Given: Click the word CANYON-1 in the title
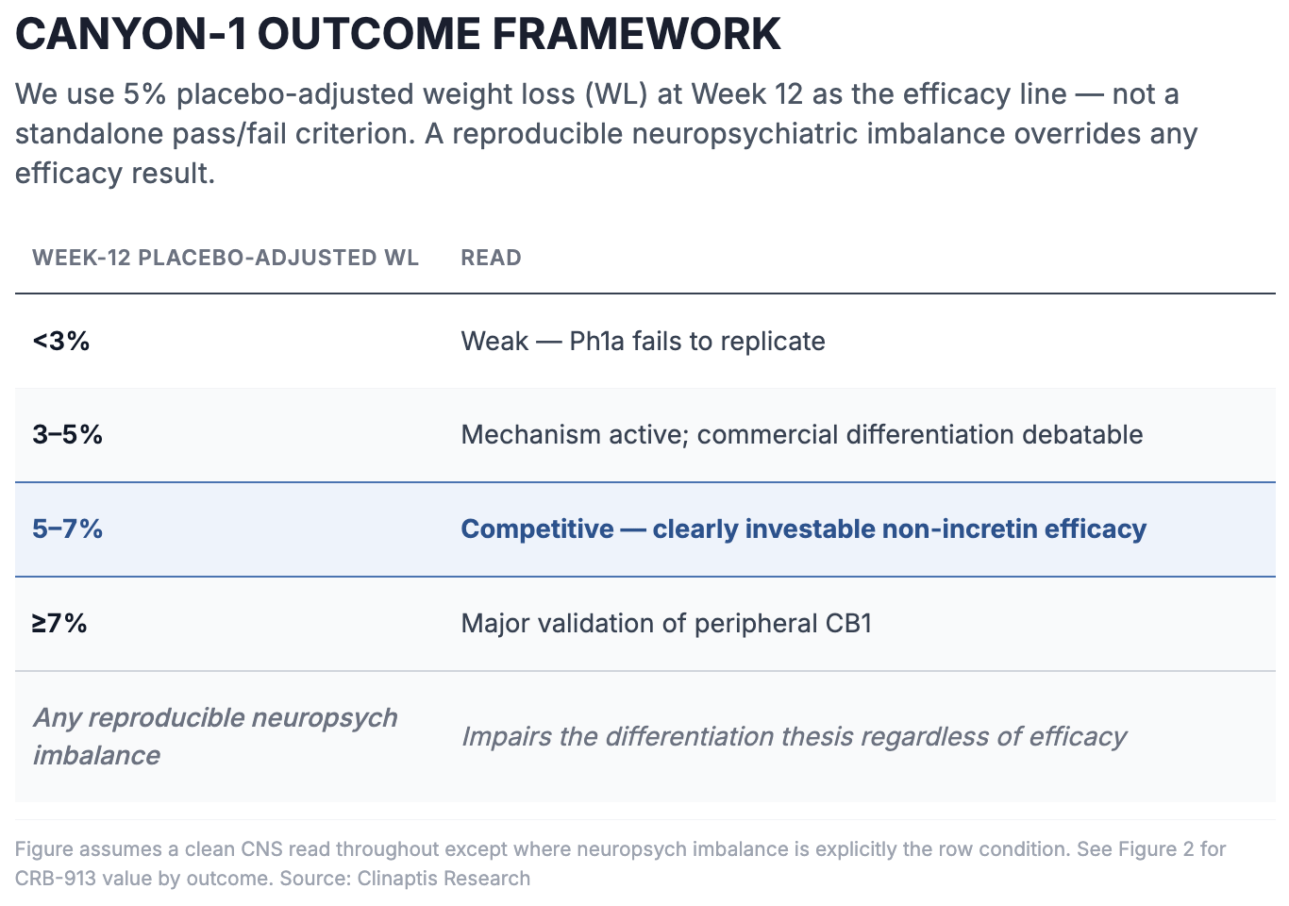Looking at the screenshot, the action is (131, 34).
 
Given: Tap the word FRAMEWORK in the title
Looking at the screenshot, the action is (636, 34).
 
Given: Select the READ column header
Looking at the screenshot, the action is (491, 258).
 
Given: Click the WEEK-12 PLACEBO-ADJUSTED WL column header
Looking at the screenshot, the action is (226, 258).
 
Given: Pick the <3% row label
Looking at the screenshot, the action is (61, 341).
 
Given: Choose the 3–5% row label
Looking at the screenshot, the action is (67, 434).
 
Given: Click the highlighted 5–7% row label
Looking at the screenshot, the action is (67, 529).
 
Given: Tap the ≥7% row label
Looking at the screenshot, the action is (59, 624).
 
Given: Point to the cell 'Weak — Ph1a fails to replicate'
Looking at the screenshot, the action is (643, 342).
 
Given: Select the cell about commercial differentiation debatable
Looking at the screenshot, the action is (801, 434).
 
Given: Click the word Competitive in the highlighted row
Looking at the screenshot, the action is (538, 529).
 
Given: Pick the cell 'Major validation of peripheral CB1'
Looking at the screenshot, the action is (666, 624).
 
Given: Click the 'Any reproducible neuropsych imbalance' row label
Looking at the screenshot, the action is (214, 736).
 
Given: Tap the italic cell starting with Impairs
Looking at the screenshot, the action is (794, 737).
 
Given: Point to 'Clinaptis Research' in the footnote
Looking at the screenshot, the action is (444, 879).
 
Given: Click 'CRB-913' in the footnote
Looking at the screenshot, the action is (56, 879).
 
